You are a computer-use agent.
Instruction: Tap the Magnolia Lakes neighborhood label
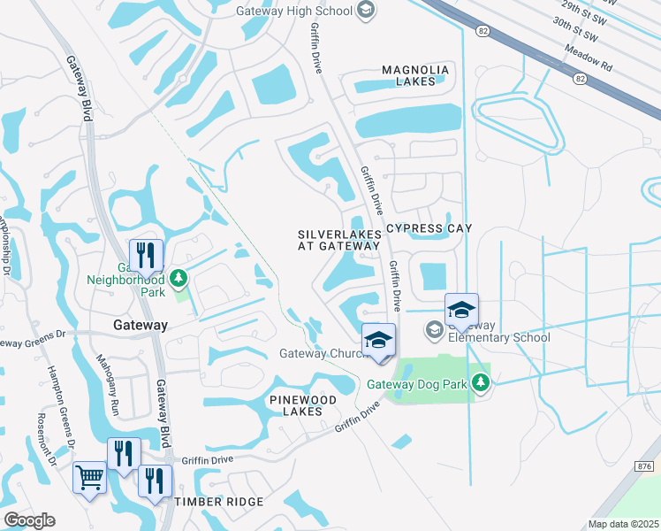[415, 75]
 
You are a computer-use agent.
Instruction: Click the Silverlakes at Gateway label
[339, 240]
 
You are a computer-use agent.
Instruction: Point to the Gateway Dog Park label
[415, 383]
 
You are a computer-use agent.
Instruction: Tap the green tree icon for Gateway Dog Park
[480, 383]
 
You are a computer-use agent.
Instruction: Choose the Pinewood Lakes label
[303, 406]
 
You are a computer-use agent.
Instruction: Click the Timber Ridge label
[219, 502]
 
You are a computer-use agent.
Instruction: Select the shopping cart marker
[89, 479]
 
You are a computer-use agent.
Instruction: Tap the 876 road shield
[642, 466]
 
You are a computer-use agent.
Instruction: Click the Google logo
[29, 520]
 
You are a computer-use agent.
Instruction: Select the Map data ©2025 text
[623, 524]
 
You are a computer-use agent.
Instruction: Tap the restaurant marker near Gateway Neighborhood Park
[147, 256]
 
